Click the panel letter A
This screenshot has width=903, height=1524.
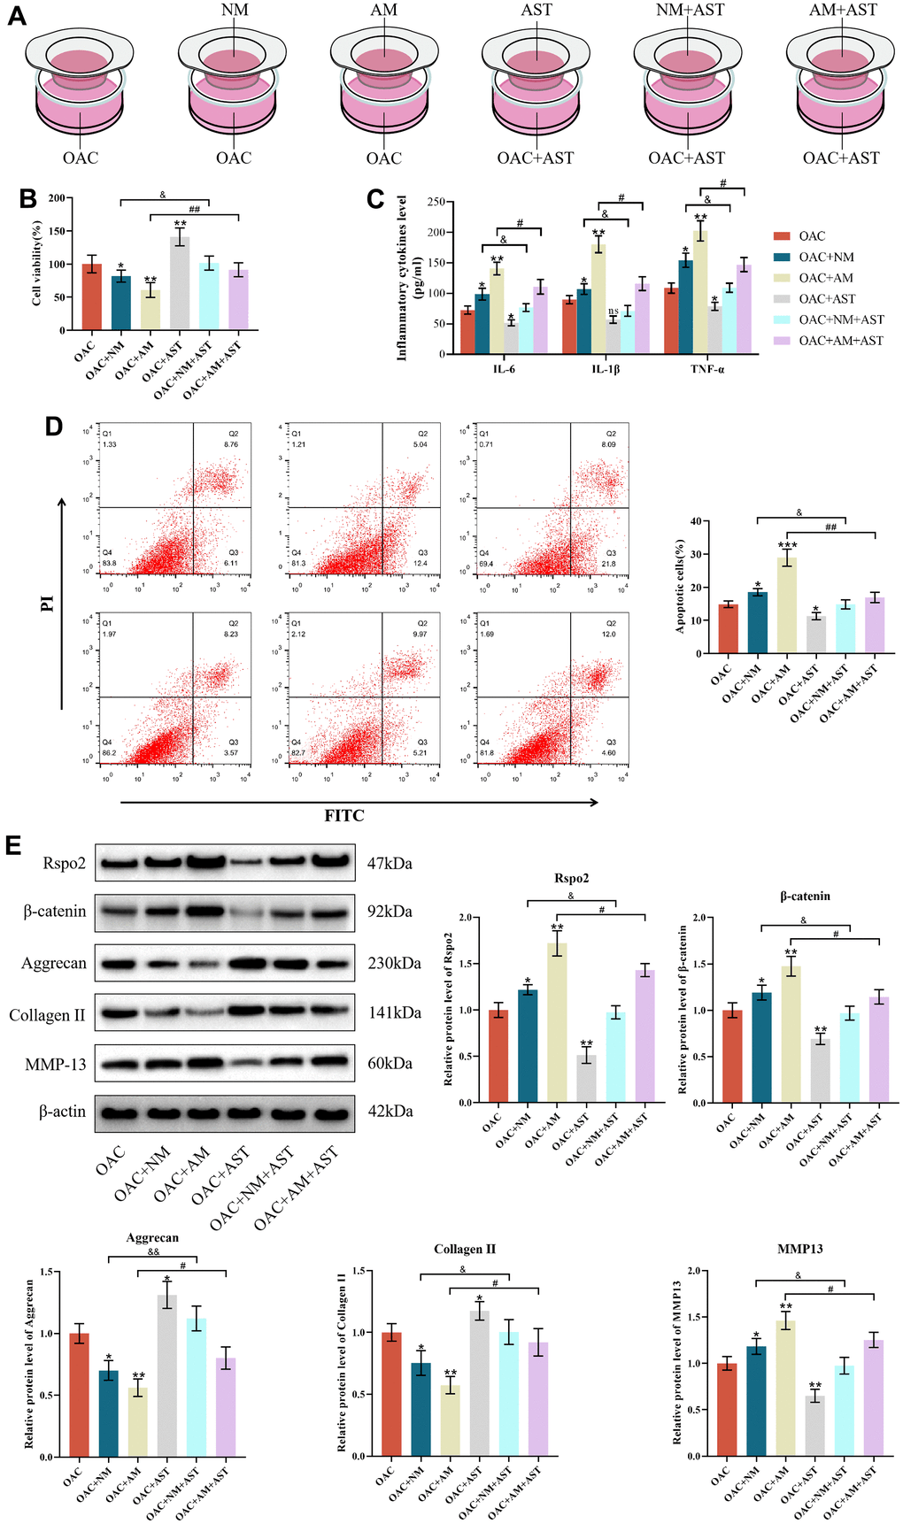click(x=16, y=16)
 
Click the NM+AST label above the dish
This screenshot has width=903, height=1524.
click(x=690, y=10)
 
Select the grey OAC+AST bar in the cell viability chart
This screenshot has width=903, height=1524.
click(x=180, y=283)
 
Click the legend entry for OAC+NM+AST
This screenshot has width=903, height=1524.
click(x=840, y=319)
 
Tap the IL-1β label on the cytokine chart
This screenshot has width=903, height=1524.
click(x=606, y=368)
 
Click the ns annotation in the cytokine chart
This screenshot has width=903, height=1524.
click(x=613, y=311)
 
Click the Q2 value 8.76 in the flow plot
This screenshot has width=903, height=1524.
click(x=231, y=444)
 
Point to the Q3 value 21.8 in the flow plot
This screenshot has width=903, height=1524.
click(x=609, y=564)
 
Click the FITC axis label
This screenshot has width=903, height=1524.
click(x=344, y=815)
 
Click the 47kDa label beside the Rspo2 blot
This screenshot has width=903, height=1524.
click(x=390, y=863)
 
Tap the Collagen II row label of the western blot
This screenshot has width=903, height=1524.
click(x=47, y=1015)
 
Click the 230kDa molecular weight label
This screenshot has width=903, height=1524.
click(x=394, y=963)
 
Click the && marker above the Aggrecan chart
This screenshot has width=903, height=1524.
click(x=153, y=1251)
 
